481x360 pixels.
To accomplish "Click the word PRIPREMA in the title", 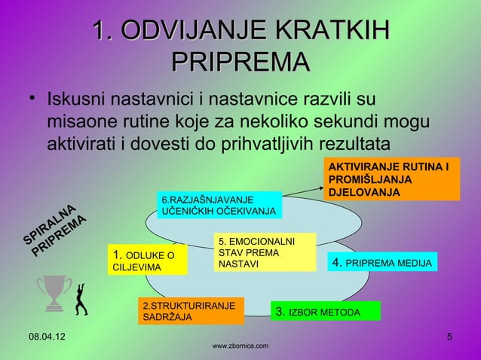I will point(240,63).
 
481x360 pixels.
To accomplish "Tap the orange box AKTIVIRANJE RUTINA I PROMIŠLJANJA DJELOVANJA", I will point(391,179).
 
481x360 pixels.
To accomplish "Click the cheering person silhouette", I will point(81,296).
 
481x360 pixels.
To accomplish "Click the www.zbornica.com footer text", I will point(240,346).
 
